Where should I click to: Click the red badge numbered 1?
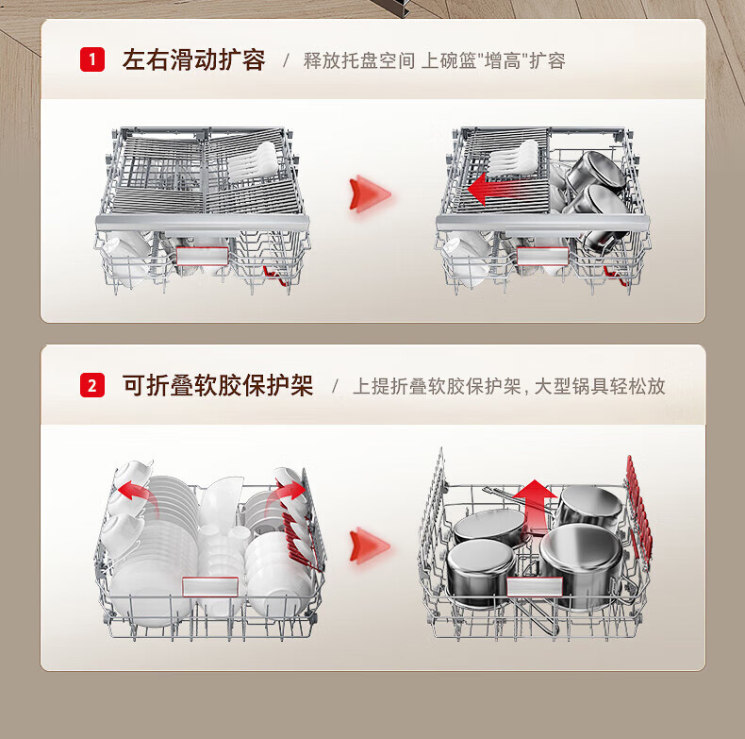tap(91, 60)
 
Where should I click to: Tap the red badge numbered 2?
tap(91, 385)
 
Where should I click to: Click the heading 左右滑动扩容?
tap(194, 61)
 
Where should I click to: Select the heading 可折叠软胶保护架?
tap(218, 385)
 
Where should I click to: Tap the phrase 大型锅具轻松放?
tap(600, 386)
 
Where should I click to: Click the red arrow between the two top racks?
tap(369, 194)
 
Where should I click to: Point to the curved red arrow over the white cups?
tap(133, 488)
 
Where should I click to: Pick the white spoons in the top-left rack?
tap(254, 161)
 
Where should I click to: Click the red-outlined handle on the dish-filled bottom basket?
tap(210, 586)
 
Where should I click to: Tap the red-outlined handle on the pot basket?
tap(533, 588)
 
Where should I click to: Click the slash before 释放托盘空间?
tap(287, 61)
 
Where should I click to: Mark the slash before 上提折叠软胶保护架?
tap(335, 386)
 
